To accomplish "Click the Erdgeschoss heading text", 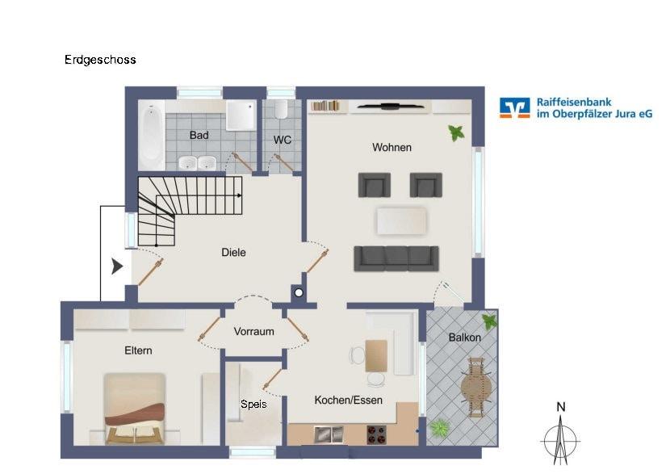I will coord(100,60).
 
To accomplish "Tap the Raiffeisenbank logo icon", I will coord(514,108).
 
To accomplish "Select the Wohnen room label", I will coord(392,147).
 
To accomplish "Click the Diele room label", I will coord(233,253).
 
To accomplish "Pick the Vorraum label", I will coord(253,331).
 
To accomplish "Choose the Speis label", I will coord(253,404).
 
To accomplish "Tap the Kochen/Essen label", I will coord(348,400).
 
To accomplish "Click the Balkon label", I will coord(465,338).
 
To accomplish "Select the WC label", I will coord(282,140).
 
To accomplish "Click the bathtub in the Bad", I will coord(151,133).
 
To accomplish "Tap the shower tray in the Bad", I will coord(240,115).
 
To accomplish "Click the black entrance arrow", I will coord(117,266).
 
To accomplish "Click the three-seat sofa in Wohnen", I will coord(396,258).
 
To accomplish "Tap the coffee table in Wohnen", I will coord(401,220).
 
